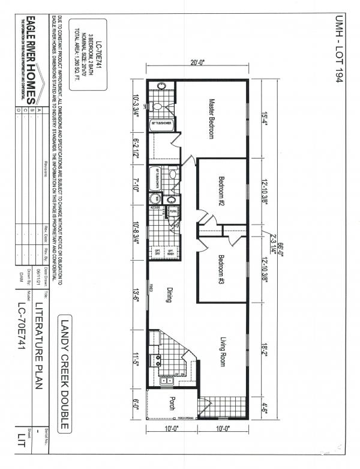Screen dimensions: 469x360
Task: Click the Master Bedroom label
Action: point(211,118)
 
